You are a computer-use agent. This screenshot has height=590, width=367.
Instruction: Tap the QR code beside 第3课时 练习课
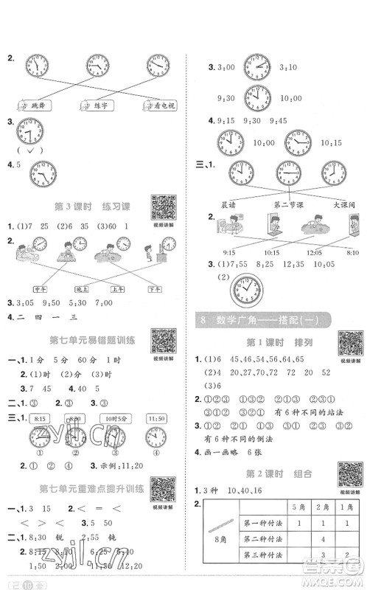(x=161, y=207)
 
